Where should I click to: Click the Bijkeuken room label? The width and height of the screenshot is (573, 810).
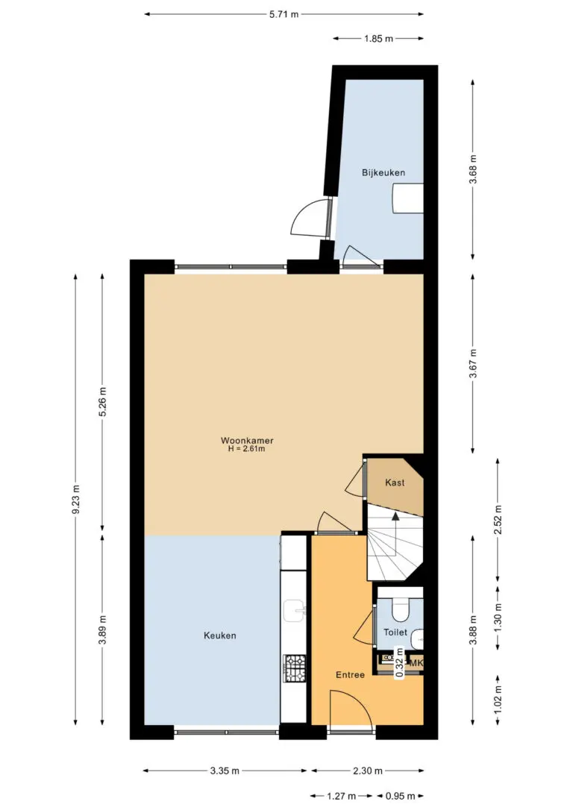pos(383,172)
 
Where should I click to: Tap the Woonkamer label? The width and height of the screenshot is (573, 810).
pos(247,441)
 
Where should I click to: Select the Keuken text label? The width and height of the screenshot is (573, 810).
pos(219,635)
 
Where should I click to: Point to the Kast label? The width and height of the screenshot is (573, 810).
pos(395,483)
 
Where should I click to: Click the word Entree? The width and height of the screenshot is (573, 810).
pos(351,675)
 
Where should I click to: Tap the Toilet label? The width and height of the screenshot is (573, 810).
pos(395,632)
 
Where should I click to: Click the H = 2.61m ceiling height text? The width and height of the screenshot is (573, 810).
pos(247,450)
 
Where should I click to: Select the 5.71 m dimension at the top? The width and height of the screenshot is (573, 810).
pos(284,14)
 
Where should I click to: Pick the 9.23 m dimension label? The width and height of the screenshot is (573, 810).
pos(76,500)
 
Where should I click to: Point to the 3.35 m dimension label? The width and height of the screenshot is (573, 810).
pos(225,770)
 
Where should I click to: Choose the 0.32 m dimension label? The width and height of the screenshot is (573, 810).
pos(399,663)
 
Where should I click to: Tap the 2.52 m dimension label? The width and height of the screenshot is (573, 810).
pos(498,519)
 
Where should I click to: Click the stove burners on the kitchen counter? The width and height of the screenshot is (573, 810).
pos(295,668)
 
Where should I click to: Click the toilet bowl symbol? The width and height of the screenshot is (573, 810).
pos(399,609)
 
